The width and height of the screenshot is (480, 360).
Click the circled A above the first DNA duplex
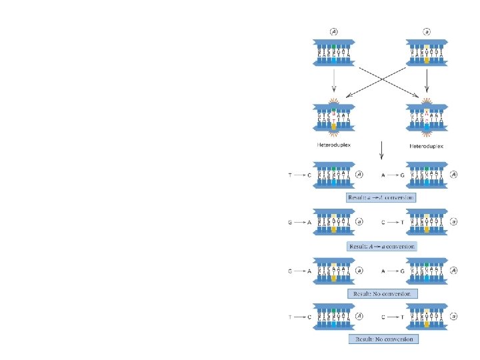[334, 32]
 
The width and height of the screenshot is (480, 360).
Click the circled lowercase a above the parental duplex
[427, 32]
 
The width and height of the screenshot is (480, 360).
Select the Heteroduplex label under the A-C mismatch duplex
[427, 145]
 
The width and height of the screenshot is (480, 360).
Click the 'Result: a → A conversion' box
[381, 197]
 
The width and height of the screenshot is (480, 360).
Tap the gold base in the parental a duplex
[427, 59]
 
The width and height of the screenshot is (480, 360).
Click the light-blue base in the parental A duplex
[334, 59]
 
